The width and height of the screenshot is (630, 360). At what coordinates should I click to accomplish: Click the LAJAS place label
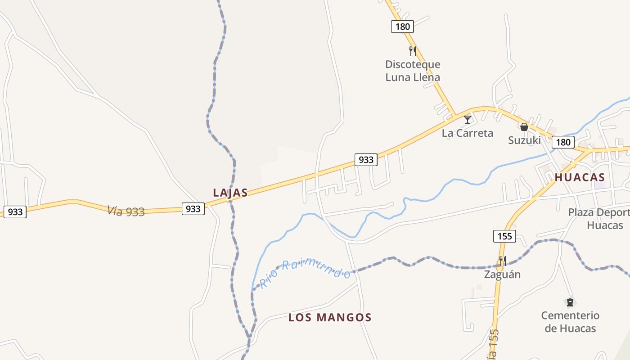[230, 193]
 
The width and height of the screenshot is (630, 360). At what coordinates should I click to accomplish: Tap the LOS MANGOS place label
[330, 318]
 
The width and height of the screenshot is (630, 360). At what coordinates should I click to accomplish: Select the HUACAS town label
[580, 177]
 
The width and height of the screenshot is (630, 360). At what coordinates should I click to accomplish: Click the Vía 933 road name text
[126, 211]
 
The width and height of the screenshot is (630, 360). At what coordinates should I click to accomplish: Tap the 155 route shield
[504, 236]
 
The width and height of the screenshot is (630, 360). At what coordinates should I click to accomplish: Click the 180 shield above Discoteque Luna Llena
[402, 27]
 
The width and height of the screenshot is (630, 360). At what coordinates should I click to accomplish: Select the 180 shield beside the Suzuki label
[563, 142]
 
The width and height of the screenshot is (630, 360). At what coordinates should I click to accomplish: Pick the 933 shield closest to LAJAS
[193, 208]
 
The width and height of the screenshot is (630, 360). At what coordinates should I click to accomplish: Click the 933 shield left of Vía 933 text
[15, 211]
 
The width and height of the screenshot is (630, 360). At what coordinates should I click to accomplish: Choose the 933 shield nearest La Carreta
[366, 159]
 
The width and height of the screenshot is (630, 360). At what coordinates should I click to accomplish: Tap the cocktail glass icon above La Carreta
[468, 119]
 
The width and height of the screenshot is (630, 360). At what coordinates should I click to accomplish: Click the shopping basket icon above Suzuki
[524, 127]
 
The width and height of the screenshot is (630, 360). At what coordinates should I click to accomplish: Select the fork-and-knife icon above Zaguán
[502, 261]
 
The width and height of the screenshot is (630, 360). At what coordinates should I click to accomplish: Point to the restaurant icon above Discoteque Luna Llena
[412, 51]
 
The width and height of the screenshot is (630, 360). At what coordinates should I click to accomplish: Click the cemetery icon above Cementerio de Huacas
[570, 302]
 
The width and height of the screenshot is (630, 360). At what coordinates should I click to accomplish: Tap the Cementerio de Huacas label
[570, 322]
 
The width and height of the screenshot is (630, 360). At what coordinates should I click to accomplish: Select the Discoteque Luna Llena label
[413, 71]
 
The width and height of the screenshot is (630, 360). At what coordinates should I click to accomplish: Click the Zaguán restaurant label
[502, 274]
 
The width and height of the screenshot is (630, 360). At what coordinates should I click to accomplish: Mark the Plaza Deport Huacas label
[598, 219]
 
